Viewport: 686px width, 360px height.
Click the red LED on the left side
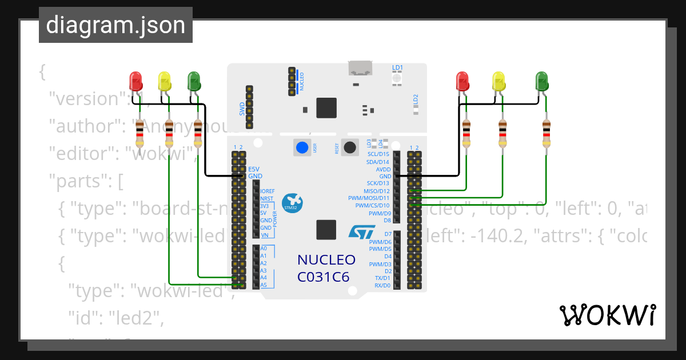135,81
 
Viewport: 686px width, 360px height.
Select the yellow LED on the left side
164,81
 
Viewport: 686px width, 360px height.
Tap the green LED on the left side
194,81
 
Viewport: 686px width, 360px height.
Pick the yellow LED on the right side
499,81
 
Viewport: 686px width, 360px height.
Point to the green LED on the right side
541,81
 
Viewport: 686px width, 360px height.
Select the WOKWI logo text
607,315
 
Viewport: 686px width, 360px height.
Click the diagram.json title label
115,25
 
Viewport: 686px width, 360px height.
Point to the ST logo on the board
361,232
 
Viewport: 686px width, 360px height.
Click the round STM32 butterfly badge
293,203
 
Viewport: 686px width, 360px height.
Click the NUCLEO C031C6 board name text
326,269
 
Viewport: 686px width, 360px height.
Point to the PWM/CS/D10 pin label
372,205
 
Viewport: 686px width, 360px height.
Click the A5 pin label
264,285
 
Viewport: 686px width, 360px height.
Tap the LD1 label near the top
397,67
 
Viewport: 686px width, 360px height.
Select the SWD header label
242,108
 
